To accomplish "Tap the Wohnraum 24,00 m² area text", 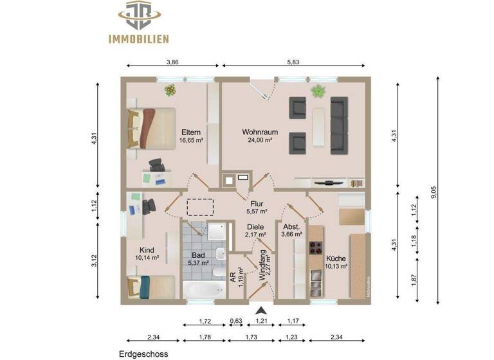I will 257,140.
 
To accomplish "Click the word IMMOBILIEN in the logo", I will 138,39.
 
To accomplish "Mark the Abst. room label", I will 291,227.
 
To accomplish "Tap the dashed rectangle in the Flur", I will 200,206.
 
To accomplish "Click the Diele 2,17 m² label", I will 255,231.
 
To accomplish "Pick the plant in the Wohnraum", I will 318,91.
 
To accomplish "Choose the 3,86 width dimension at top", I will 173,62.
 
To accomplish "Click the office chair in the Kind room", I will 149,207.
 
